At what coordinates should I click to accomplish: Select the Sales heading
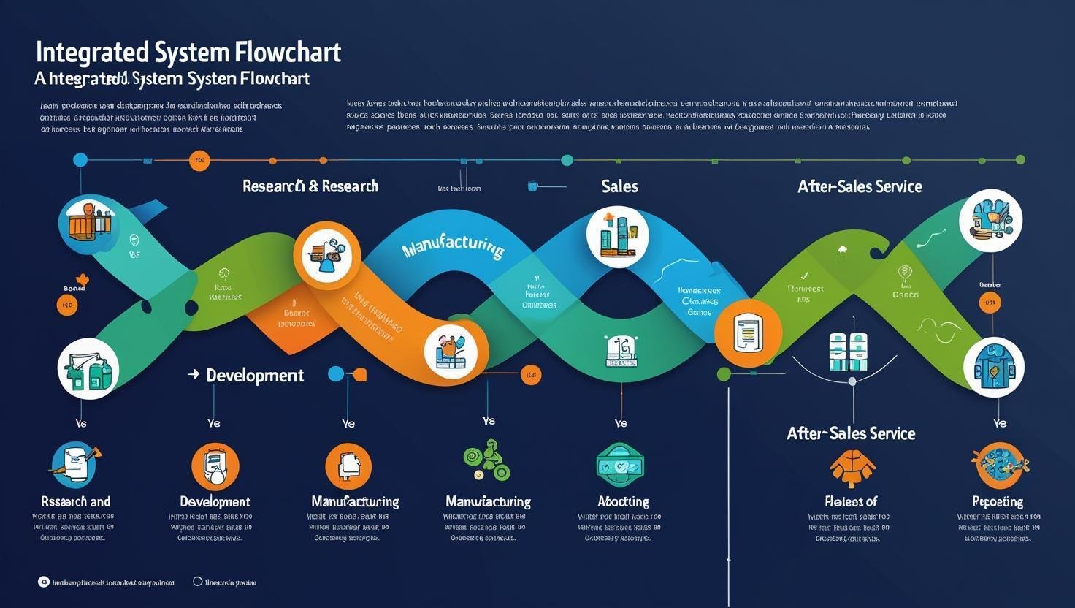pos(619,186)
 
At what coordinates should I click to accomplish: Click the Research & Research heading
pos(310,186)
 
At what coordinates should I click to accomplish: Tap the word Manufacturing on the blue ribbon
pos(453,246)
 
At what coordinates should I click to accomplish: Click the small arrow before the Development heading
pos(194,374)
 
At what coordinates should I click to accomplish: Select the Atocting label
pos(623,501)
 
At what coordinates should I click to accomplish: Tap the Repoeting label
pos(998,501)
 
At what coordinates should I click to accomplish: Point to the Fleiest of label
pos(851,501)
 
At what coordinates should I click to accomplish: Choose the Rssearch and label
pos(76,501)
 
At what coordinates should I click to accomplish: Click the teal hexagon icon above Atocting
pos(620,465)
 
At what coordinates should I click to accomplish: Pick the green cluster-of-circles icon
pos(487,460)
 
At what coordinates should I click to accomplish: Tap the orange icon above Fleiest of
pos(852,468)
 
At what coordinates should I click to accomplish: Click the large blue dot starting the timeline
pos(80,160)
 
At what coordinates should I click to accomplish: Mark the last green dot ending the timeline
pos(1020,160)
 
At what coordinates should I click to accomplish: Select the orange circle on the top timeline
pos(199,161)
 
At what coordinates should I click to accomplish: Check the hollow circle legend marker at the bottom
pos(197,582)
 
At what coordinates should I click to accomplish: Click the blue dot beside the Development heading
pos(336,374)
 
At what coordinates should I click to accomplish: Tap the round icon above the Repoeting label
pos(1000,465)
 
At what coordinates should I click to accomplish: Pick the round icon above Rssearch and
pos(74,465)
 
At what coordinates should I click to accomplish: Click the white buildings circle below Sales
pos(618,237)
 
